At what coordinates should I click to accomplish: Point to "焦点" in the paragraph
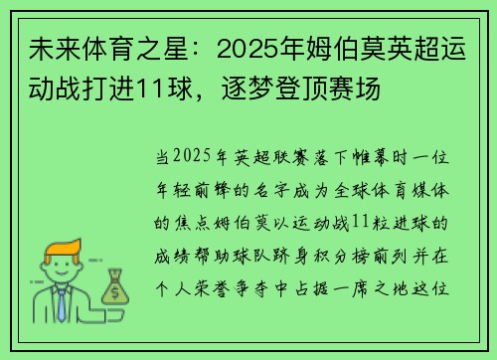[x=192, y=219]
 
